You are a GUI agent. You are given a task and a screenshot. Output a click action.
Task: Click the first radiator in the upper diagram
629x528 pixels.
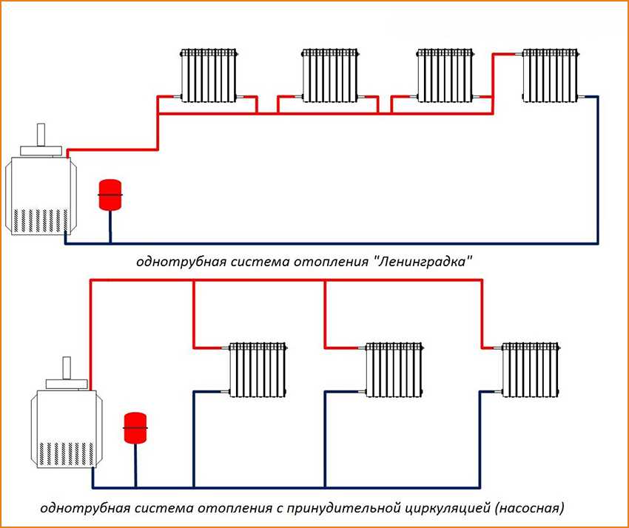(x=209, y=75)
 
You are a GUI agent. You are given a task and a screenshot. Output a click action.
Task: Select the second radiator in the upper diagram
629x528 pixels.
(x=330, y=75)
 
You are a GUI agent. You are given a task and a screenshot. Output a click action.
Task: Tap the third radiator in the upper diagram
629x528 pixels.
(x=445, y=75)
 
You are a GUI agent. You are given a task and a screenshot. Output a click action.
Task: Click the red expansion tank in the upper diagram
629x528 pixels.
(x=110, y=192)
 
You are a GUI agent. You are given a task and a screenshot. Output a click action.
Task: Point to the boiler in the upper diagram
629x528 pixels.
(x=40, y=192)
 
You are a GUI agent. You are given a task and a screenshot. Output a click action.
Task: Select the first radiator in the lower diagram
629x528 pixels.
(x=258, y=370)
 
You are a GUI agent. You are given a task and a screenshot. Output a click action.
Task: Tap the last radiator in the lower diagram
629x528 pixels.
(x=529, y=370)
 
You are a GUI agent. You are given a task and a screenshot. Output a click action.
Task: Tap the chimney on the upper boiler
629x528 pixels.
(x=40, y=136)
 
